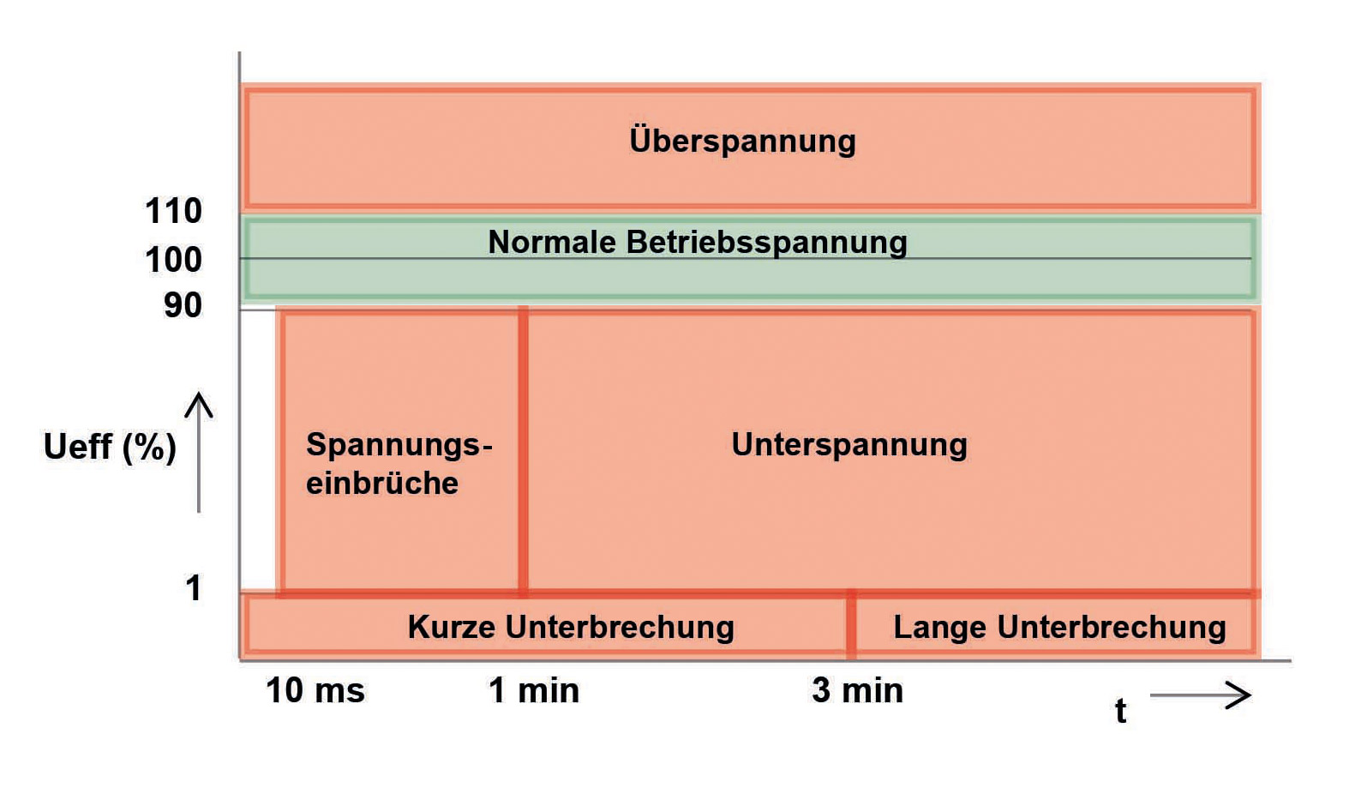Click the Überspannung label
pyautogui.click(x=742, y=141)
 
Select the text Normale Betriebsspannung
pyautogui.click(x=698, y=242)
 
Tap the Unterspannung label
pyautogui.click(x=849, y=445)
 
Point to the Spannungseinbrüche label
pyautogui.click(x=399, y=464)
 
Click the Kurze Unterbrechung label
pyautogui.click(x=571, y=627)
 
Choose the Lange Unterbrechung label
pyautogui.click(x=1060, y=628)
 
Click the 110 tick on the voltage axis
pyautogui.click(x=173, y=211)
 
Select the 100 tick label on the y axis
pyautogui.click(x=173, y=260)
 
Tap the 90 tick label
pyautogui.click(x=183, y=305)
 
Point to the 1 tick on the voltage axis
pyautogui.click(x=194, y=587)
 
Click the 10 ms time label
pyautogui.click(x=315, y=690)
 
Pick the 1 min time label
pyautogui.click(x=534, y=690)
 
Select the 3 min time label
pyautogui.click(x=857, y=690)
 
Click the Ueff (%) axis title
pyautogui.click(x=110, y=448)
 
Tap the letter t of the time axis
pyautogui.click(x=1121, y=711)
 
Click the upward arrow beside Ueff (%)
pyautogui.click(x=199, y=453)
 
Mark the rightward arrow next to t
pyautogui.click(x=1201, y=695)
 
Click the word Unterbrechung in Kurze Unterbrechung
pyautogui.click(x=620, y=627)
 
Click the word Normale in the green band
pyautogui.click(x=552, y=242)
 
